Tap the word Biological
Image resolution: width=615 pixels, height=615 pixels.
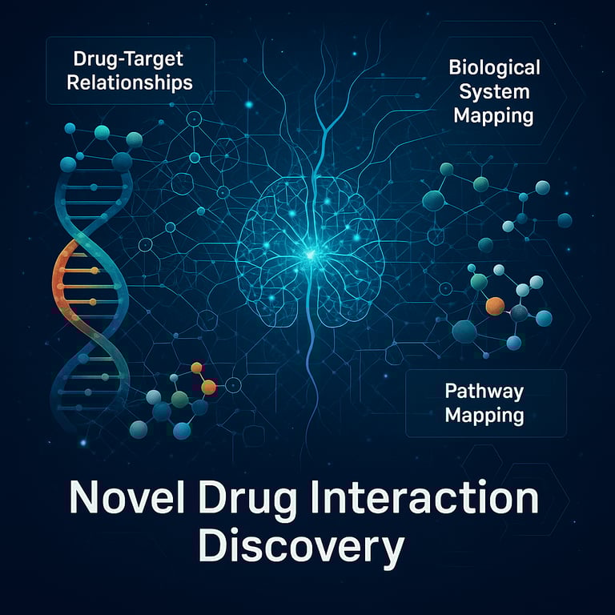click(494, 66)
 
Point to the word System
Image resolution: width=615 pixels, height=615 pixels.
click(493, 90)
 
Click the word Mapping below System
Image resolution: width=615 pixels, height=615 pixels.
click(493, 115)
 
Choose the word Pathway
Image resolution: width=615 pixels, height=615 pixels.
click(484, 392)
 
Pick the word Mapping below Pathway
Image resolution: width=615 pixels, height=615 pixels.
click(484, 416)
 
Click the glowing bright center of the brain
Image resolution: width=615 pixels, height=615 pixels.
click(307, 255)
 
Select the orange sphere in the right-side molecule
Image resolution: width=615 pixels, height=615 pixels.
click(495, 305)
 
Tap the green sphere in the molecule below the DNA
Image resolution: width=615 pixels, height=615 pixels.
click(180, 398)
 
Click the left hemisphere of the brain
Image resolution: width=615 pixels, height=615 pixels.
click(268, 240)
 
